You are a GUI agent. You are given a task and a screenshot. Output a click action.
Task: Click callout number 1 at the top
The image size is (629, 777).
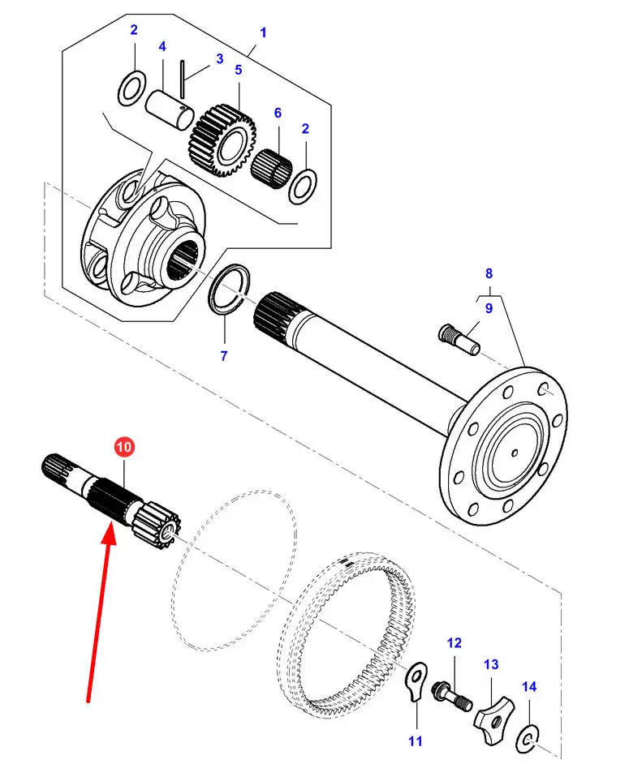[263, 32]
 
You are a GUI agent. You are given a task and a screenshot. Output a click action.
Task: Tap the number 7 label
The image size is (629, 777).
[224, 355]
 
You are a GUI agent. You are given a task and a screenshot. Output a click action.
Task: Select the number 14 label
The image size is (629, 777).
[528, 687]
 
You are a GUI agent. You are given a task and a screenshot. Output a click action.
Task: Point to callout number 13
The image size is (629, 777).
[492, 665]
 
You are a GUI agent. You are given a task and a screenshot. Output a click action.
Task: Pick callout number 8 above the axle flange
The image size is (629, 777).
[489, 274]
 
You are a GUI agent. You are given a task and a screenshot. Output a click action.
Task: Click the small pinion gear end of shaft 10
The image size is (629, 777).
[157, 521]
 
